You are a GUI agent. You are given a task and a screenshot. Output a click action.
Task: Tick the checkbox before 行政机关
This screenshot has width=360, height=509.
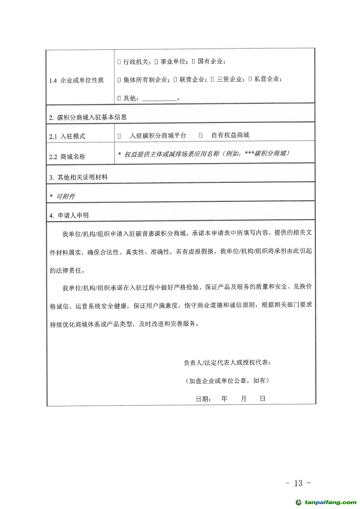pos(119,62)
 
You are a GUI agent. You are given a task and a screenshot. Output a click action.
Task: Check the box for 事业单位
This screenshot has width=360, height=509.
pos(156,62)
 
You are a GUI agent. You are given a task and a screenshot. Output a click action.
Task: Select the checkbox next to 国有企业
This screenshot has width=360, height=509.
pos(193,61)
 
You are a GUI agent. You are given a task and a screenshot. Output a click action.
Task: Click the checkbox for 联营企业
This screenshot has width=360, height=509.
pos(175,79)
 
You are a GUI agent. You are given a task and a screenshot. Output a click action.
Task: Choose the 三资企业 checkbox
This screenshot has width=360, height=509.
pos(212,79)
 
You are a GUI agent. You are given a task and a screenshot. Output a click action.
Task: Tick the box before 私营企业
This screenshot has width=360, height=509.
pos(250,79)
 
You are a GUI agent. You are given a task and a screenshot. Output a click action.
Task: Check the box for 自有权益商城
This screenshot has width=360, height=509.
pos(201,135)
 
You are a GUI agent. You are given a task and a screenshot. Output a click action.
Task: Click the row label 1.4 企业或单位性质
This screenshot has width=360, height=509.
pos(76,80)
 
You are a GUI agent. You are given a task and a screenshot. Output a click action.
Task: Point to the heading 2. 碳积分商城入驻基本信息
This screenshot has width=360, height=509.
pos(88,118)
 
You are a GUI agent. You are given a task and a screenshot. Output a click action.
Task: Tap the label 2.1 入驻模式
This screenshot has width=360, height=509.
pos(67,136)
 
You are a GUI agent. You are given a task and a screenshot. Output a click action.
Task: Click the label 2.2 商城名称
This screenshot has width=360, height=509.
pos(67,157)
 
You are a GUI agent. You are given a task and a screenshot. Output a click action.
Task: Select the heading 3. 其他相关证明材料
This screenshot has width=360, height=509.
pos(78,177)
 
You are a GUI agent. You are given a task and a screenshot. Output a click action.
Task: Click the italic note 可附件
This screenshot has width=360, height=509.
pos(65,196)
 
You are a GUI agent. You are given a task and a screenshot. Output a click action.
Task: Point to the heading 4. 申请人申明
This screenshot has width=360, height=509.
pos(69,215)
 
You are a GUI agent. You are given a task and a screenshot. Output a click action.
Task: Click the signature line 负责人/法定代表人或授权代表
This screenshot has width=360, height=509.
pos(227,362)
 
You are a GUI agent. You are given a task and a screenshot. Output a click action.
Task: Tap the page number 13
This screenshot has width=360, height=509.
pos(298,483)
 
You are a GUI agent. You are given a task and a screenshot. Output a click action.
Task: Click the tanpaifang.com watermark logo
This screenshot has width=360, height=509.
pos(326,502)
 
